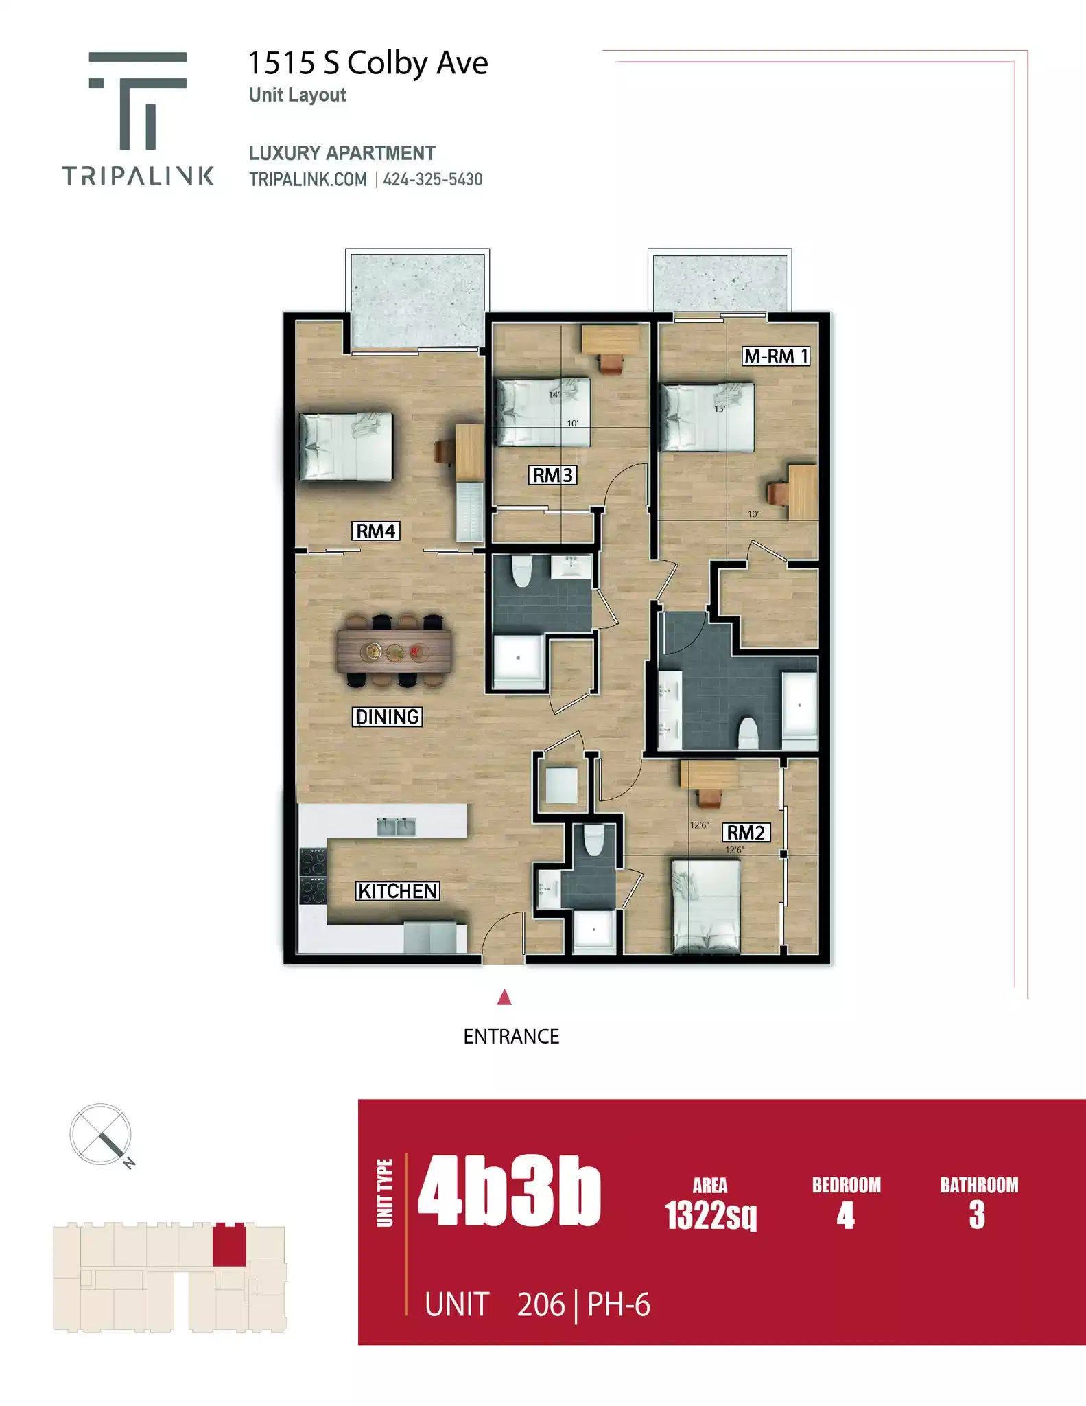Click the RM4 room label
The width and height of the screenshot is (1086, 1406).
(x=376, y=531)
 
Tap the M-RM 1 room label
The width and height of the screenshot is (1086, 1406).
(x=776, y=356)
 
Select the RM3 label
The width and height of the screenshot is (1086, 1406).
(x=552, y=475)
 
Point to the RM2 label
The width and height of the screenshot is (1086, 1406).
(x=746, y=833)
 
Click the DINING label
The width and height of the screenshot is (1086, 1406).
(x=388, y=717)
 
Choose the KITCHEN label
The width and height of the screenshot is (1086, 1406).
(x=398, y=891)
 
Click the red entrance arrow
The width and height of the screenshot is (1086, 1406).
(x=504, y=997)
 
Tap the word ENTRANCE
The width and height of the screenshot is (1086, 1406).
(x=511, y=1037)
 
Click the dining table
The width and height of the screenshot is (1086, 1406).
(x=394, y=651)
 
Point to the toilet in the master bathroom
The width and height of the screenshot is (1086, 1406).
(x=748, y=733)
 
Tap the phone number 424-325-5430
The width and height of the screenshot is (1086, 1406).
(x=433, y=180)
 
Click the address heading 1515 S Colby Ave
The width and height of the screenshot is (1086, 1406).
(x=368, y=63)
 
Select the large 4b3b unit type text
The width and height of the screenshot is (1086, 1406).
(x=509, y=1192)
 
